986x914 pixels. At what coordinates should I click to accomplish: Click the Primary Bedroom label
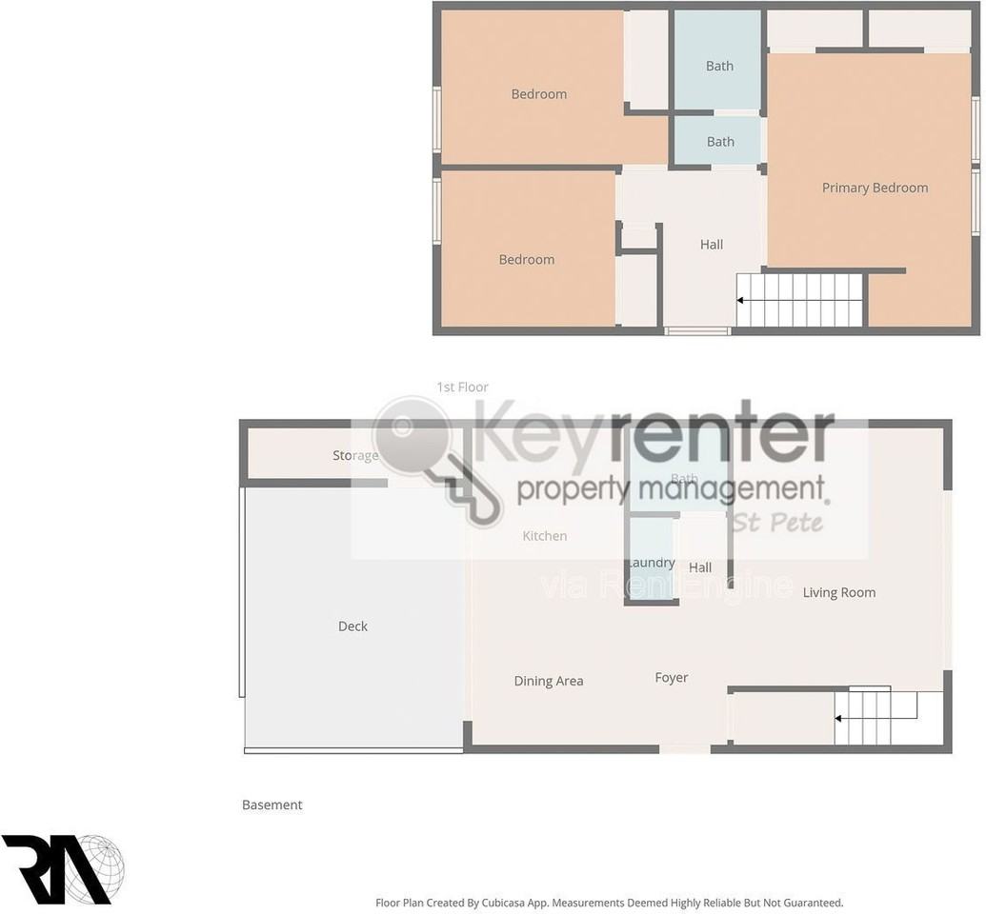[x=875, y=188]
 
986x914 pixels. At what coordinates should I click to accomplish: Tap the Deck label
[x=352, y=626]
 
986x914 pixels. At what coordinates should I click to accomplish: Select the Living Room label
[x=838, y=592]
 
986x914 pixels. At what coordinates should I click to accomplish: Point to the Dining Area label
[x=548, y=681]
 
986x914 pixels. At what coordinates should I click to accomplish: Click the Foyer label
[x=671, y=678]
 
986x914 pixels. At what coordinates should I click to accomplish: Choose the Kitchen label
[x=544, y=536]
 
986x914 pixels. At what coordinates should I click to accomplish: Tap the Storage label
[x=355, y=455]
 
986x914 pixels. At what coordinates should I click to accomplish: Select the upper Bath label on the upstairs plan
[x=719, y=66]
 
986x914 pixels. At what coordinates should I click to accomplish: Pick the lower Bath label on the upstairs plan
[x=720, y=142]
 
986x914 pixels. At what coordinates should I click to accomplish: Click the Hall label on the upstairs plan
[x=711, y=245]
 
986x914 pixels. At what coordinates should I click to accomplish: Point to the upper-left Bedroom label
[x=538, y=93]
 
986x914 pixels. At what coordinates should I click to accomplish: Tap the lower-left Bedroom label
[x=526, y=259]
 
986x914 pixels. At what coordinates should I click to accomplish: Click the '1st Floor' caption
[x=462, y=387]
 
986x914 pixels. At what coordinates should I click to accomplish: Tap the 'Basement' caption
[x=272, y=805]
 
